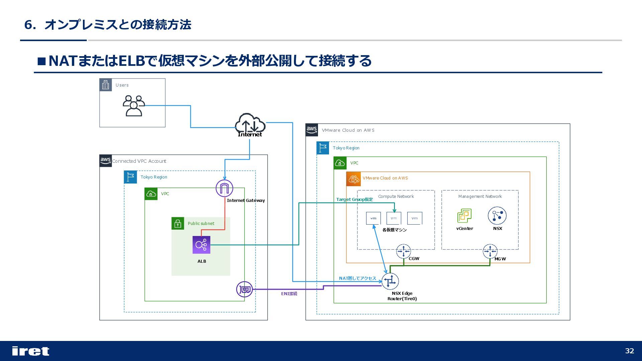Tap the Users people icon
point(134,106)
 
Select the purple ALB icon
point(201,245)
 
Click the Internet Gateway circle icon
point(224,188)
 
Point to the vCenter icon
point(464,216)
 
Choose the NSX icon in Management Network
point(497,216)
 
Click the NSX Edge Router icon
point(390,281)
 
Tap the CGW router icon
point(403,251)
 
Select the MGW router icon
point(490,251)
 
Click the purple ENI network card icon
point(244,289)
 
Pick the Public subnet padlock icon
point(178,223)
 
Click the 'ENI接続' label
point(289,293)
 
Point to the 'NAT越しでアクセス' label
point(357,278)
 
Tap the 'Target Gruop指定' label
point(354,200)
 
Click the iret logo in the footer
point(30,351)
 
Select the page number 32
point(630,351)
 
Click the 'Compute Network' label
point(396,197)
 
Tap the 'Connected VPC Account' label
point(139,161)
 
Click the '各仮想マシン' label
point(395,230)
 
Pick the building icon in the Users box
point(106,85)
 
